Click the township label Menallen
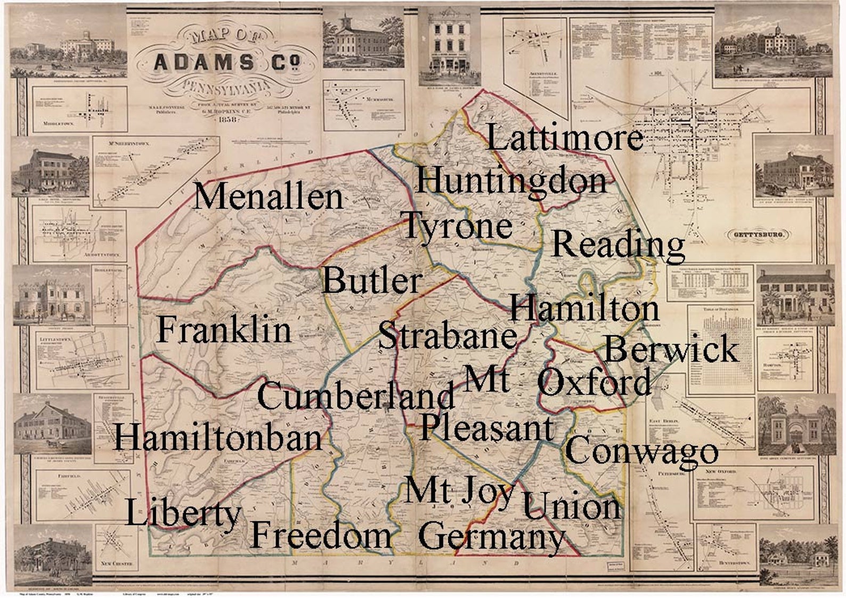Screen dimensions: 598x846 (x=269, y=197)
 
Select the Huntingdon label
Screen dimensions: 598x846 (x=511, y=180)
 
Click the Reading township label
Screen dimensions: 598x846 (x=618, y=245)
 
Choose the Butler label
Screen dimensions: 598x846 (x=372, y=280)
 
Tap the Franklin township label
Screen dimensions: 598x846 (x=224, y=330)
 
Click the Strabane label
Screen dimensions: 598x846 (x=448, y=336)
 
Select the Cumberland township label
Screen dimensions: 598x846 (x=356, y=397)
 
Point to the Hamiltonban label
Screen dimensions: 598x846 (x=218, y=438)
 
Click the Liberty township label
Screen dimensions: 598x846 (x=183, y=513)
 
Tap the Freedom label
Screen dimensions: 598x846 (x=321, y=535)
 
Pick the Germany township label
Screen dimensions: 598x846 (x=491, y=537)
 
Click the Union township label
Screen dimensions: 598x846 (x=571, y=506)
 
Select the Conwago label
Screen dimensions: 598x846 (x=641, y=450)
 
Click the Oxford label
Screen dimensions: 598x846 (x=594, y=382)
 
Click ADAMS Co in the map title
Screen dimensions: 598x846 (x=226, y=63)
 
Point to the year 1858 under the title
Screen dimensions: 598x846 (x=226, y=119)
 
